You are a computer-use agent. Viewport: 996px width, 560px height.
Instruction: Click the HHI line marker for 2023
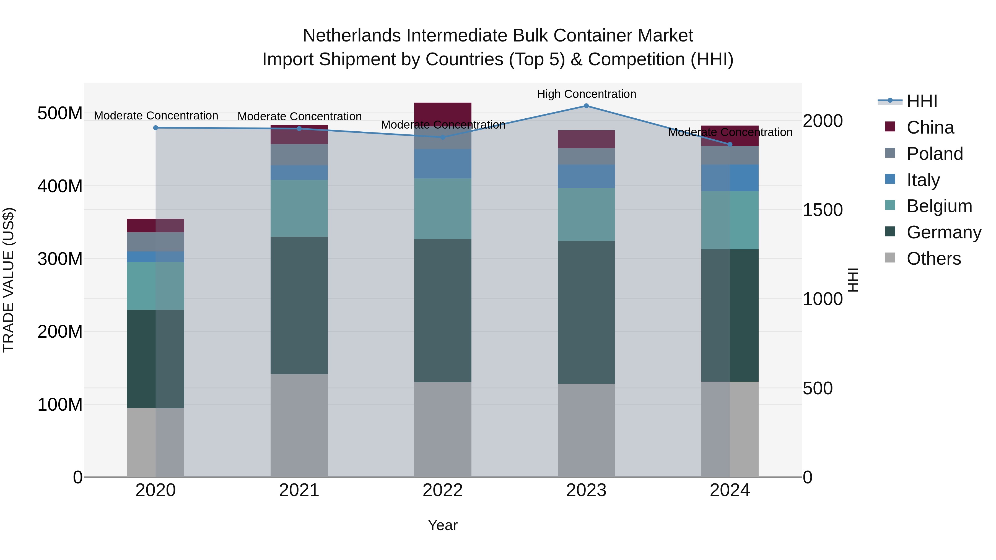[586, 106]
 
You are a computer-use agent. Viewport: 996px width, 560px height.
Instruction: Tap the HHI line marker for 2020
[156, 128]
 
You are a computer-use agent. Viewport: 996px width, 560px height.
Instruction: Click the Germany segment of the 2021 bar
[299, 305]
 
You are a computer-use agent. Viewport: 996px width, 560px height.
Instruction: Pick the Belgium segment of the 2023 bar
[586, 215]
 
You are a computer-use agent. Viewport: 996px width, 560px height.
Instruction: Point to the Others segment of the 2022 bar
[443, 429]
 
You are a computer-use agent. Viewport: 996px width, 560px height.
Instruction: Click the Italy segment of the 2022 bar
[443, 164]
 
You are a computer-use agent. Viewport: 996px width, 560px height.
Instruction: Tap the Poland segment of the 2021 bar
[299, 155]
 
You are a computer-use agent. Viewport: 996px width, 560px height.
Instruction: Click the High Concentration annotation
[586, 94]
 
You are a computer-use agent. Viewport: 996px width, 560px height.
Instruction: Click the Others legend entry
[933, 259]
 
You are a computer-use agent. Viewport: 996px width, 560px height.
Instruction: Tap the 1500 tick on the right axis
[823, 210]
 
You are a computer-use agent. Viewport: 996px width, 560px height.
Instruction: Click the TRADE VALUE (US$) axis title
[9, 280]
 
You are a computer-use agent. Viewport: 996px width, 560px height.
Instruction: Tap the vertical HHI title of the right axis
[853, 280]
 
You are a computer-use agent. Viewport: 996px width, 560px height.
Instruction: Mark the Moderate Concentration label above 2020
[156, 116]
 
